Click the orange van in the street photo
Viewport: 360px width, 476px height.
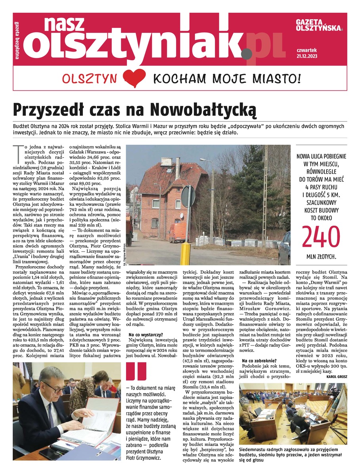pyautogui.click(x=178, y=232)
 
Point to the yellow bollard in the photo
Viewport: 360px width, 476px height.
pyautogui.click(x=186, y=253)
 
